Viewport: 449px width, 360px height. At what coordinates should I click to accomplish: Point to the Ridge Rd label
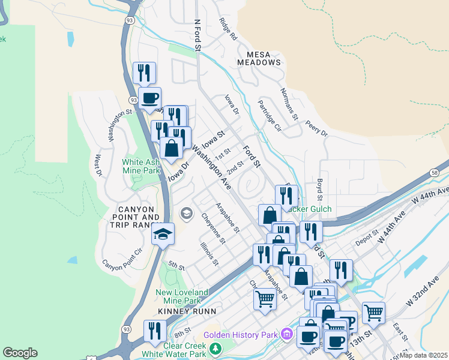pyautogui.click(x=228, y=29)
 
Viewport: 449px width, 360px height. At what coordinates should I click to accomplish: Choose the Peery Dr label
pyautogui.click(x=316, y=128)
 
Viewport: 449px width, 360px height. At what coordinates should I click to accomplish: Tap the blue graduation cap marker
pyautogui.click(x=162, y=235)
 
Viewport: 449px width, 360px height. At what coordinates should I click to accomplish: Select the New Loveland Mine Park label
pyautogui.click(x=182, y=296)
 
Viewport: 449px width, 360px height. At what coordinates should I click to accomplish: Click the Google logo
pyautogui.click(x=20, y=353)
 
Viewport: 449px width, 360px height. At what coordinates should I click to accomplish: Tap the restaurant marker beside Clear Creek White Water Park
pyautogui.click(x=155, y=331)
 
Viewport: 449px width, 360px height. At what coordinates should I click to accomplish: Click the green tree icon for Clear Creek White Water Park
pyautogui.click(x=215, y=348)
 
